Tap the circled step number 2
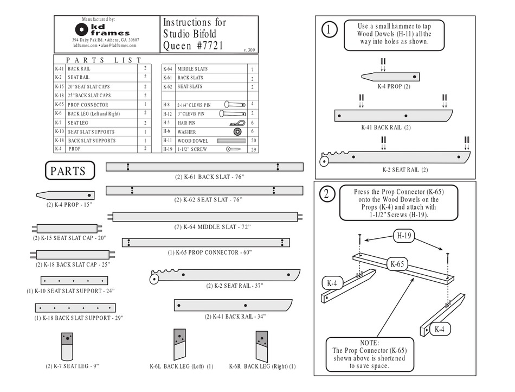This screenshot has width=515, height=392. (327, 194)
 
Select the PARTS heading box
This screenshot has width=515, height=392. (69, 171)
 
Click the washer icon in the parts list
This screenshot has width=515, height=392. (237, 132)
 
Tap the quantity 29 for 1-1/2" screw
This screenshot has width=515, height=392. (252, 149)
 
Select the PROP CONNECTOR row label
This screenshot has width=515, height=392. (88, 105)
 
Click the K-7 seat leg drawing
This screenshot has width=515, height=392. (68, 346)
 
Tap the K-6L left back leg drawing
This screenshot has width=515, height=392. (179, 345)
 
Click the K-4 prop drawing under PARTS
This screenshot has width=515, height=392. (65, 195)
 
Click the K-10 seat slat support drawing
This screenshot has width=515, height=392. (74, 281)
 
